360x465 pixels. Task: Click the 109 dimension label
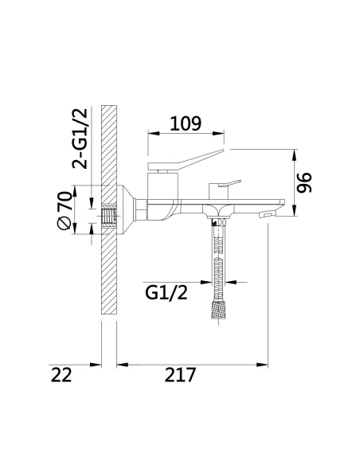tap(186, 123)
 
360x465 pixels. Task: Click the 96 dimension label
tap(304, 182)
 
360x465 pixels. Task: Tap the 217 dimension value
tap(180, 375)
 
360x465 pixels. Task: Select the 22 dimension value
tap(61, 375)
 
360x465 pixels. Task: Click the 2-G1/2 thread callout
tap(80, 139)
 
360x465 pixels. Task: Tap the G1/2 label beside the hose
tap(166, 293)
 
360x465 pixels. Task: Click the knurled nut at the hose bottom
tap(218, 310)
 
